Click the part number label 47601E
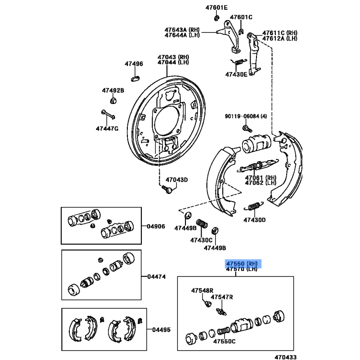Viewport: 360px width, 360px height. [x=217, y=8]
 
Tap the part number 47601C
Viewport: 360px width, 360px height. [x=241, y=18]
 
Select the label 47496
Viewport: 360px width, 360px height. [x=134, y=64]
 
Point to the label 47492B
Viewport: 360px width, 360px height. [x=112, y=90]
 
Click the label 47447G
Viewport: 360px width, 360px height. [x=107, y=129]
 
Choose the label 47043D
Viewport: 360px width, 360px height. [x=176, y=180]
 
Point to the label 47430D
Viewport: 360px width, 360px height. [x=255, y=220]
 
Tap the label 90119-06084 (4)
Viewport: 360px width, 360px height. [x=246, y=117]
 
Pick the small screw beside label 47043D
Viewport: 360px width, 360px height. [x=167, y=189]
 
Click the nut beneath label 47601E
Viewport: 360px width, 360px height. [x=216, y=18]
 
